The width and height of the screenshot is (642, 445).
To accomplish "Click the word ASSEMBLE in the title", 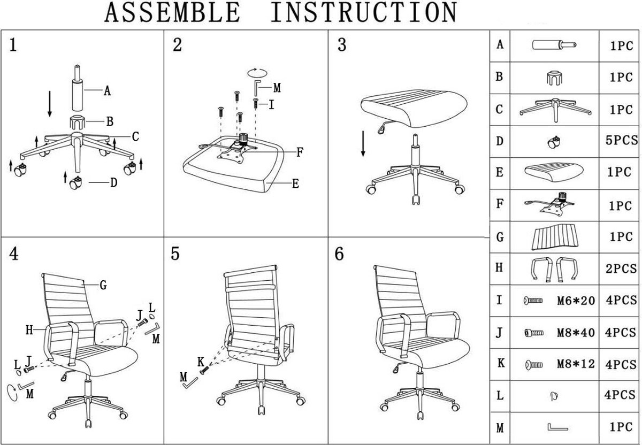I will pyautogui.click(x=172, y=13).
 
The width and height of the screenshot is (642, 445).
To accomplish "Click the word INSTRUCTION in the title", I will pyautogui.click(x=364, y=13).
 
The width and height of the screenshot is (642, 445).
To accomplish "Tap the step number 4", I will pyautogui.click(x=14, y=255).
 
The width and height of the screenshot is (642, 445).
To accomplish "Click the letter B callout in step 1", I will pyautogui.click(x=110, y=122).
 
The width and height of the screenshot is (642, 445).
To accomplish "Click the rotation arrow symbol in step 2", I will pyautogui.click(x=257, y=72).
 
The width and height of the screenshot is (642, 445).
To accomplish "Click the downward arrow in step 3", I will pyautogui.click(x=363, y=143).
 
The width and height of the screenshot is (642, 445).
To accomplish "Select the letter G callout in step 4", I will pyautogui.click(x=103, y=286).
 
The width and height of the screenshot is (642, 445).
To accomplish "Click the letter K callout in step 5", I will pyautogui.click(x=201, y=362).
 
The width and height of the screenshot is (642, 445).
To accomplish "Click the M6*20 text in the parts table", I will pyautogui.click(x=576, y=301).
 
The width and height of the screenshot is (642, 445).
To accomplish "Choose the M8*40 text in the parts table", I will pyautogui.click(x=576, y=333).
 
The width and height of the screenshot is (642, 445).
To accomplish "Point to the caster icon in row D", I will pyautogui.click(x=554, y=142).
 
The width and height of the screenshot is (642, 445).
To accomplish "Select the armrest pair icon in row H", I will pyautogui.click(x=554, y=268).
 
